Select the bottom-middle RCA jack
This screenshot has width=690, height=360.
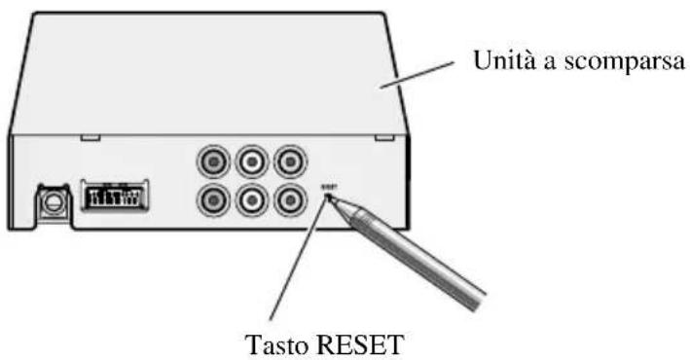[250, 198]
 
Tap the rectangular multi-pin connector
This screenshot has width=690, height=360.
[114, 195]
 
